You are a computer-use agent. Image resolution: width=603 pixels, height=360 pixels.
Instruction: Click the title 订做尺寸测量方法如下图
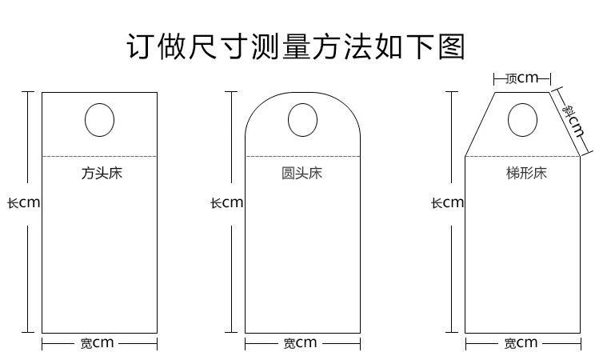point(296,46)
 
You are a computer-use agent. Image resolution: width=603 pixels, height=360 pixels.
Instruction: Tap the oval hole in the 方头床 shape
point(99,120)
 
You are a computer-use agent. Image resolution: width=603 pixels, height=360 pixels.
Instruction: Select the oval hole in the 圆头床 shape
point(301,121)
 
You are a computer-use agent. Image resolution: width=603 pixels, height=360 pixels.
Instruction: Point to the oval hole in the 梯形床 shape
point(522,121)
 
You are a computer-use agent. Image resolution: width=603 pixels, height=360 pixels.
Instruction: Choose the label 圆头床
point(301,172)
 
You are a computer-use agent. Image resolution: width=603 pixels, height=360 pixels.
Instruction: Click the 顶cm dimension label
point(522,78)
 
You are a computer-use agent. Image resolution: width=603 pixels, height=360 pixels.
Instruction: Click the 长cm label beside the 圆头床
point(226,202)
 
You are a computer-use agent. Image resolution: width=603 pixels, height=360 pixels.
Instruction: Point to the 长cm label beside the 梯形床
point(447,202)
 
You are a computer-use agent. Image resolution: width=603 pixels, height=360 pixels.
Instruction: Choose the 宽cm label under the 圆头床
point(300,343)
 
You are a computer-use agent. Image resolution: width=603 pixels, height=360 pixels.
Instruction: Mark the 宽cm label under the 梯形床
point(521,343)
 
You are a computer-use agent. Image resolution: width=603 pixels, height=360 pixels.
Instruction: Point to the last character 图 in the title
point(451,46)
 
